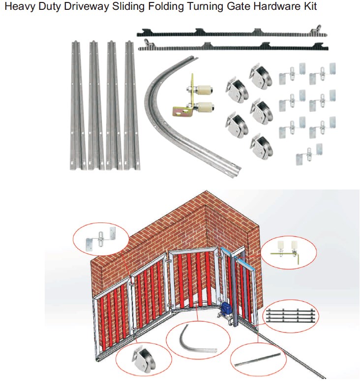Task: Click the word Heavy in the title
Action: pyautogui.click(x=20, y=6)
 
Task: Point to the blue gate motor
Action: pyautogui.click(x=227, y=310)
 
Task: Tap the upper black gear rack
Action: pyautogui.click(x=232, y=32)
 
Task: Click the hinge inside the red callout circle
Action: pyautogui.click(x=100, y=239)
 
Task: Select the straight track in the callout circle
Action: pyautogui.click(x=257, y=360)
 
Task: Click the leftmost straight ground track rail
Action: pyautogui.click(x=78, y=105)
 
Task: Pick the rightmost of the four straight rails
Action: pyautogui.click(x=132, y=105)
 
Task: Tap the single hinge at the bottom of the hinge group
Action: pyautogui.click(x=309, y=155)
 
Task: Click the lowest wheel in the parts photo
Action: pyautogui.click(x=262, y=147)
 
